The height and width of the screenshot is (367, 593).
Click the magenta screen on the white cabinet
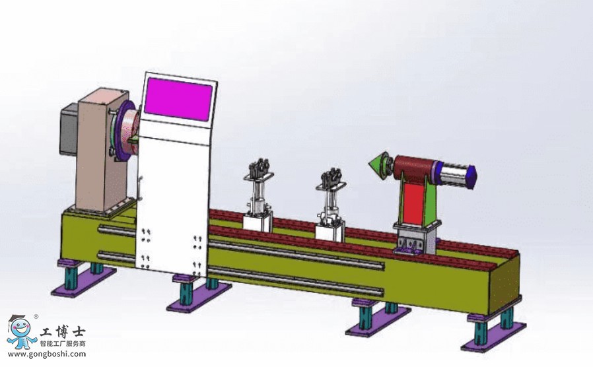click(x=178, y=99)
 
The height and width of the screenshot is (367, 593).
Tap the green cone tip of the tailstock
click(x=375, y=165)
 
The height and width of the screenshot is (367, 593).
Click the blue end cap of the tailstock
click(x=471, y=177)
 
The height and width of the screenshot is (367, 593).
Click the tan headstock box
click(x=100, y=149)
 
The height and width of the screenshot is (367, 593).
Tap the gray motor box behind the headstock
click(x=69, y=129)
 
